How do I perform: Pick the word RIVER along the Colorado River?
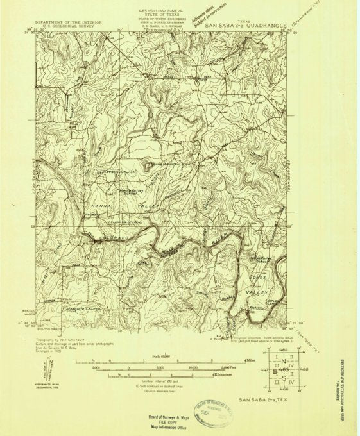click(x=218, y=242)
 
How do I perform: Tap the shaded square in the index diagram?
click(x=277, y=371)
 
